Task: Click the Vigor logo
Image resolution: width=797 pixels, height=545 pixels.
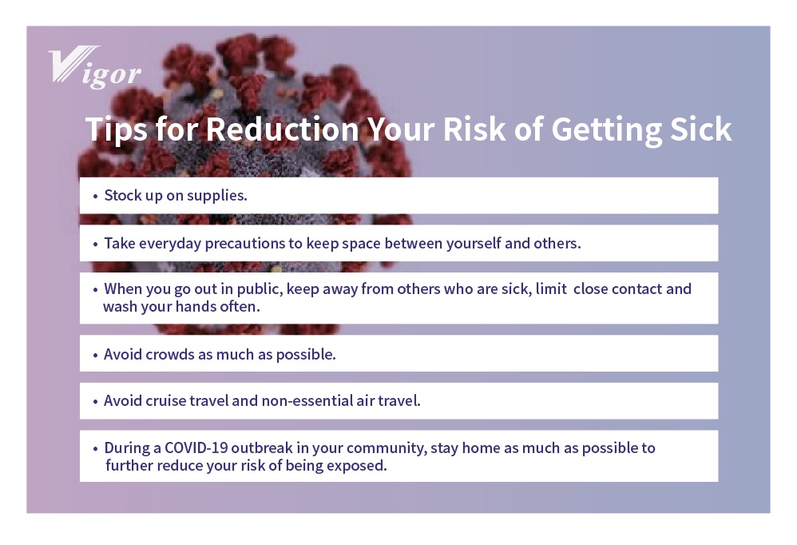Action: coord(94,68)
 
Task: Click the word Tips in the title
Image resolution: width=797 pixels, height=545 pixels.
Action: coord(117,130)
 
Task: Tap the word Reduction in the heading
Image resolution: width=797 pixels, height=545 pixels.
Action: coord(283,129)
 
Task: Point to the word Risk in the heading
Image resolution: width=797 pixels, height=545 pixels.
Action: coord(474,129)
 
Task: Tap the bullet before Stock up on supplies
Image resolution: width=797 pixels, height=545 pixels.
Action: coord(95,197)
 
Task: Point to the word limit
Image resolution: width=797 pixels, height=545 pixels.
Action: coord(551,288)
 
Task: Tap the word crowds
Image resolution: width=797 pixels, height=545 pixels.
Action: coord(170,354)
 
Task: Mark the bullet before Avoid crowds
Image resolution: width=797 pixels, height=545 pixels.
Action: coord(95,355)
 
